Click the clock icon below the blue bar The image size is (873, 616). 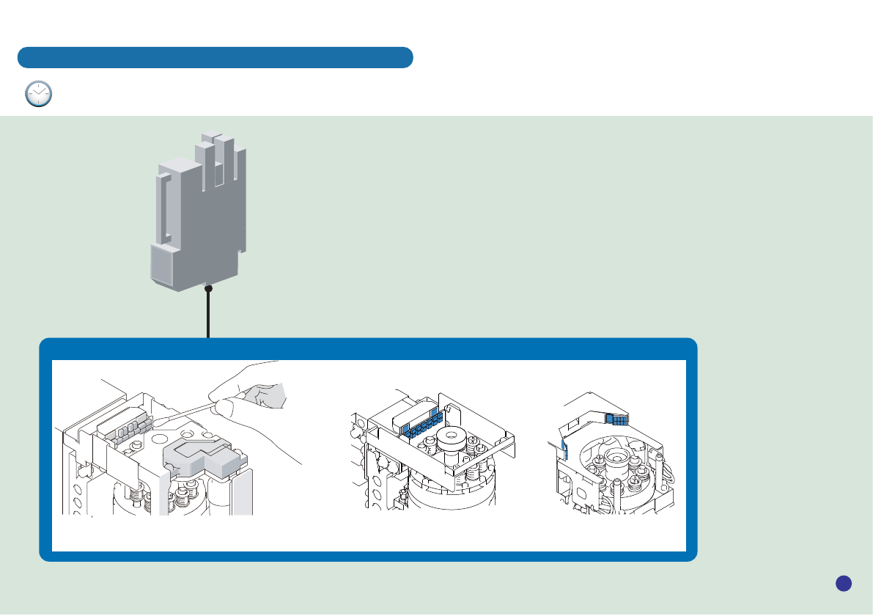(x=38, y=94)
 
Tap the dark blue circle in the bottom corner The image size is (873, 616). (x=843, y=583)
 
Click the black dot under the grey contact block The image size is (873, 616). (x=208, y=289)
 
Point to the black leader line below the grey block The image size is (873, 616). (x=208, y=315)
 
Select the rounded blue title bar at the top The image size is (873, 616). (x=215, y=57)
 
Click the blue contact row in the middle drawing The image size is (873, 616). (x=421, y=426)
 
